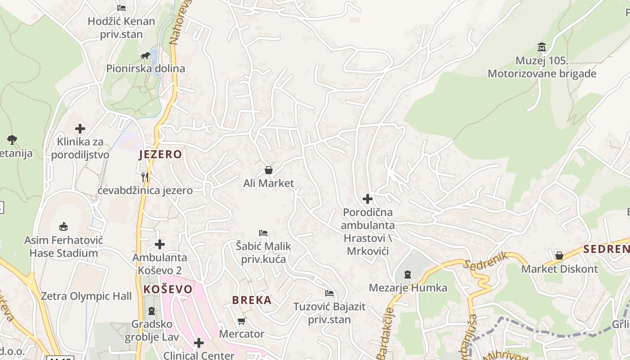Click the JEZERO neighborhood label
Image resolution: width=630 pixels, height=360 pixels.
click(x=161, y=154)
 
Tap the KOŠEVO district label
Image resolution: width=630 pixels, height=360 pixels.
click(x=168, y=289)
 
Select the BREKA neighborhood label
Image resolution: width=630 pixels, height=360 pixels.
click(x=252, y=300)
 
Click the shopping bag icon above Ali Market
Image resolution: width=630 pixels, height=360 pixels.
click(x=269, y=170)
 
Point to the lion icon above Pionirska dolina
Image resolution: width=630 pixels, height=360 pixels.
click(x=145, y=56)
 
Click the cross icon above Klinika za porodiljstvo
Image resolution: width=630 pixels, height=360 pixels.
click(x=80, y=129)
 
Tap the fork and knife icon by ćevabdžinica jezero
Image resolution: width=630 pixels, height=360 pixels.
click(x=145, y=177)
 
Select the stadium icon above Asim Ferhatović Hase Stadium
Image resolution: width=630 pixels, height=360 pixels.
click(x=63, y=226)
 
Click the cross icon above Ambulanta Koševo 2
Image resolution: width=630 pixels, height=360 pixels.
click(x=160, y=244)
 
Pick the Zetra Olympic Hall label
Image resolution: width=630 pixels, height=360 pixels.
click(x=86, y=296)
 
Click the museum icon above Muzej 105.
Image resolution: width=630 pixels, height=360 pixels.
click(x=542, y=47)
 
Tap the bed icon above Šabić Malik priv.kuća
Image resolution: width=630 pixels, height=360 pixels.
click(x=263, y=233)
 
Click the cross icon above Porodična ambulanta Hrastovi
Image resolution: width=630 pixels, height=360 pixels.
click(x=368, y=198)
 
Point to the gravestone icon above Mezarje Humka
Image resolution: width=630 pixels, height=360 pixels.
click(x=408, y=274)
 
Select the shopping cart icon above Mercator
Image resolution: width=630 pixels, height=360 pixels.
click(x=242, y=321)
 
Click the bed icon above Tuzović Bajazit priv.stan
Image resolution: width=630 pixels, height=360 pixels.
click(x=329, y=293)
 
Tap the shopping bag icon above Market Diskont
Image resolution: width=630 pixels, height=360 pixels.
click(x=559, y=256)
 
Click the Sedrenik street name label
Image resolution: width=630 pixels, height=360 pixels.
click(x=486, y=261)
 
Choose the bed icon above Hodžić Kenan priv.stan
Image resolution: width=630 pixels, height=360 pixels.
click(x=121, y=8)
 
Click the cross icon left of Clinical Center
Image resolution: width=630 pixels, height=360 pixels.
click(x=198, y=343)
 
